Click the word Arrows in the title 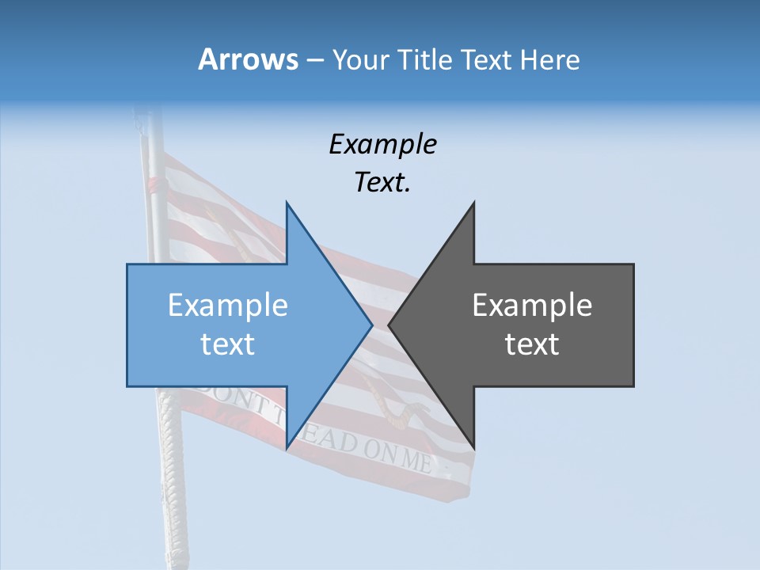[247, 59]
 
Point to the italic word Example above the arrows [382, 145]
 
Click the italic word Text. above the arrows [382, 183]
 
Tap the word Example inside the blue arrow [228, 306]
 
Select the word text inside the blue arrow [228, 344]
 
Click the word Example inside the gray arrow [532, 306]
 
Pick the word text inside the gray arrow [532, 344]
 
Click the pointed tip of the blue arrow [372, 325]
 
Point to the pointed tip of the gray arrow [389, 325]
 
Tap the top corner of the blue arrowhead [287, 203]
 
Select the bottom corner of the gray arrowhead [473, 448]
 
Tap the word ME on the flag [417, 461]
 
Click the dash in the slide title [314, 60]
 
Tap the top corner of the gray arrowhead [473, 203]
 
